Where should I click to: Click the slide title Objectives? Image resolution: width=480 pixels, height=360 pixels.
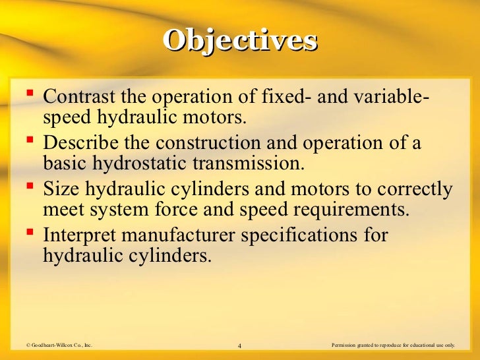(x=240, y=40)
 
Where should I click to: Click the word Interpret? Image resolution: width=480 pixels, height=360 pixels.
(x=81, y=236)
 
